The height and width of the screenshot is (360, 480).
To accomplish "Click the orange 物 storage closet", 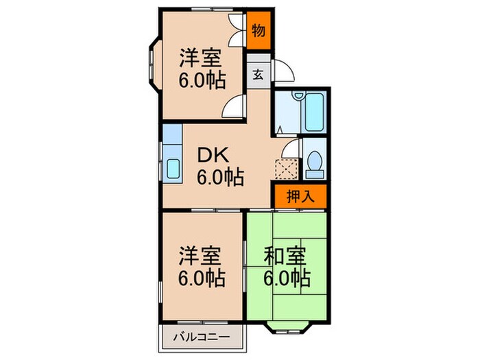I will point(259,31).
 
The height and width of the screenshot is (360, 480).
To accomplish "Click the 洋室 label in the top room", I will point(201,56).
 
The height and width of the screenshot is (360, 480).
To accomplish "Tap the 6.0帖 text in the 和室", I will point(287,278).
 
